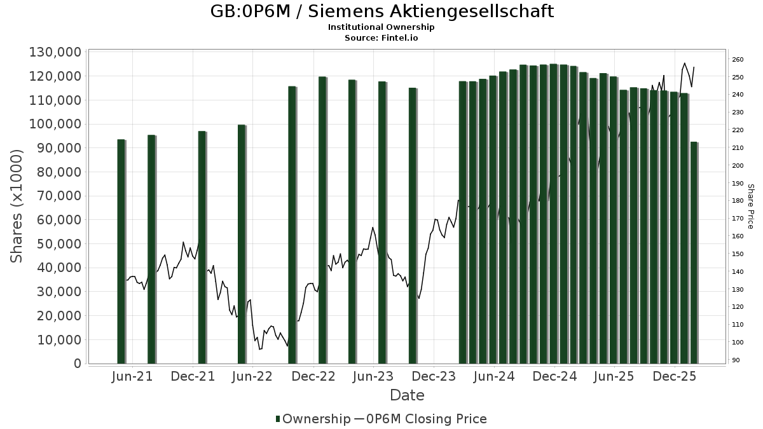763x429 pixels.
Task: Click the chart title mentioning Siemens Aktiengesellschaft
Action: pos(381,11)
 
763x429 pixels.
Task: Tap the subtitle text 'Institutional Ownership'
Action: pos(381,27)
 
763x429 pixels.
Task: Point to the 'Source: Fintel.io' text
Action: pos(381,37)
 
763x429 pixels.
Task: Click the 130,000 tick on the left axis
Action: pos(55,52)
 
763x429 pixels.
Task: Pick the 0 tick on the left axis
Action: pos(78,364)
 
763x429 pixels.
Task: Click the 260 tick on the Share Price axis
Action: pos(738,60)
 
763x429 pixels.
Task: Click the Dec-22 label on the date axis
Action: pos(314,377)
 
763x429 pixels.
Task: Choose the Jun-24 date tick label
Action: pos(494,377)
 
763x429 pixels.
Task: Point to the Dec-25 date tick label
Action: pos(675,377)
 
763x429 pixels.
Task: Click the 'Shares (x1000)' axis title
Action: pos(17,206)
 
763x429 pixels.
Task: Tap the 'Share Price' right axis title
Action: pos(750,207)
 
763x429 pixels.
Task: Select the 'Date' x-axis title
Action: pos(407,395)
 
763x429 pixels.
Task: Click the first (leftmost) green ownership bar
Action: pos(121,251)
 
